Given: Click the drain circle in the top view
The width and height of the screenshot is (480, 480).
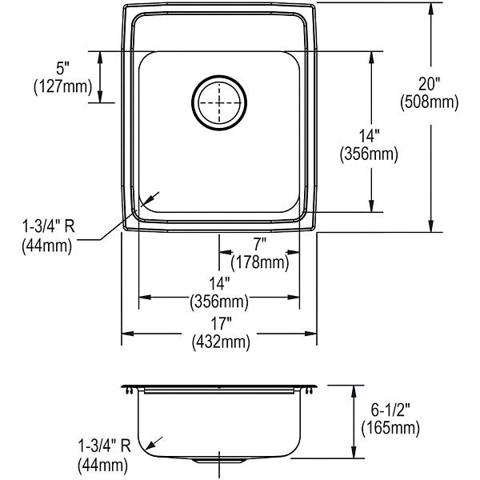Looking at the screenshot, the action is coord(219,76).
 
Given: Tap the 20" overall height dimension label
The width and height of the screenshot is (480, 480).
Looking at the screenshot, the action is coord(429,83).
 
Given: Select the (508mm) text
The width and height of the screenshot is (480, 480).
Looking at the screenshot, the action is coord(430,102).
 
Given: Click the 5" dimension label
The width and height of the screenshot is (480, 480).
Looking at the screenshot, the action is coord(62,68).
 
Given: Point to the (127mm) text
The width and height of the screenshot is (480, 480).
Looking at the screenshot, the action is coord(62,86).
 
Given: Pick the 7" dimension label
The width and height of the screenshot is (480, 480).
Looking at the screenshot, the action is coord(259,244).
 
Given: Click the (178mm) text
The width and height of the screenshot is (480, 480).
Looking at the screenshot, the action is coord(260,262).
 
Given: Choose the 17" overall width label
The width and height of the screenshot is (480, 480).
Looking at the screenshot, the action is coord(221,323).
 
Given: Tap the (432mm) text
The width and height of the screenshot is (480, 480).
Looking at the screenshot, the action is coord(221,342).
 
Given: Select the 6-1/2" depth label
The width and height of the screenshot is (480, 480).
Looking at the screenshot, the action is coord(390,410).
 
